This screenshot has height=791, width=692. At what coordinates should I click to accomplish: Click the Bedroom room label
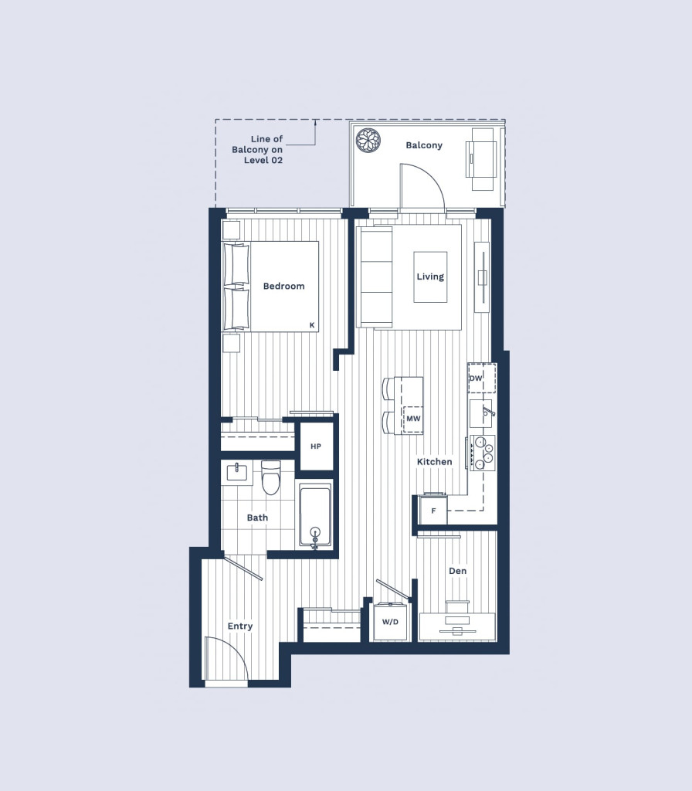pyautogui.click(x=284, y=286)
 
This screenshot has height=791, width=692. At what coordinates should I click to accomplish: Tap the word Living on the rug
pyautogui.click(x=430, y=277)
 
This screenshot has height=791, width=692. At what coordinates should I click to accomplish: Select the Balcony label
pyautogui.click(x=424, y=145)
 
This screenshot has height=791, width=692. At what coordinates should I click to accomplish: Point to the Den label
pyautogui.click(x=457, y=571)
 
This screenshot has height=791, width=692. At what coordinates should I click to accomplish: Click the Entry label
pyautogui.click(x=240, y=626)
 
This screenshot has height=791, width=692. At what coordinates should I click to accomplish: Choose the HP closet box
pyautogui.click(x=316, y=446)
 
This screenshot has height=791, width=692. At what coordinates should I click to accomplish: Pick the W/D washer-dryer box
pyautogui.click(x=390, y=622)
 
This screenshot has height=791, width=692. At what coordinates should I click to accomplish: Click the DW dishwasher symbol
pyautogui.click(x=482, y=378)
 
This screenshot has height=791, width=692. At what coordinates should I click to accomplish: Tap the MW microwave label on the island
pyautogui.click(x=414, y=419)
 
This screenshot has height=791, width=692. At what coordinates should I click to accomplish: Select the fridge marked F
pyautogui.click(x=433, y=510)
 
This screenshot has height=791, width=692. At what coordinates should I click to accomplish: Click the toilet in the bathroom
pyautogui.click(x=271, y=477)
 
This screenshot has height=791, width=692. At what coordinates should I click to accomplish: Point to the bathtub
pyautogui.click(x=315, y=515)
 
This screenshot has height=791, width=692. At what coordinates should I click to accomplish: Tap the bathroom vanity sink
pyautogui.click(x=236, y=472)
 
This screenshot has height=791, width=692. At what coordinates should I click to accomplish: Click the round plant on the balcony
pyautogui.click(x=368, y=141)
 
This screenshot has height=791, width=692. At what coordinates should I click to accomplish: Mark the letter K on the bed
pyautogui.click(x=312, y=325)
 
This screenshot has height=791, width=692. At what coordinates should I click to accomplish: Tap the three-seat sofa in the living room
pyautogui.click(x=375, y=277)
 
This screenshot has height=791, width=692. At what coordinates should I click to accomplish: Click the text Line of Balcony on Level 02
pyautogui.click(x=258, y=149)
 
